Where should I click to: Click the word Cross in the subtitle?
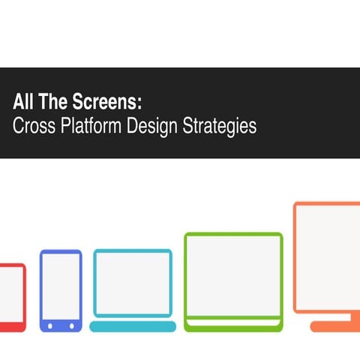(x=31, y=126)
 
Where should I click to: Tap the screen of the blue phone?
(x=61, y=286)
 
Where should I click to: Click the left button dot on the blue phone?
(x=50, y=326)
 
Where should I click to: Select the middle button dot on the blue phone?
(x=61, y=326)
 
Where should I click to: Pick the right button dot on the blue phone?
(x=71, y=326)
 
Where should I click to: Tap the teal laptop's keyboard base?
(x=133, y=326)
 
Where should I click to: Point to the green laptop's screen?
(x=233, y=274)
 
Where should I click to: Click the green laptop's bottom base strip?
(x=233, y=326)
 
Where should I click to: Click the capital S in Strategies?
(x=187, y=126)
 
